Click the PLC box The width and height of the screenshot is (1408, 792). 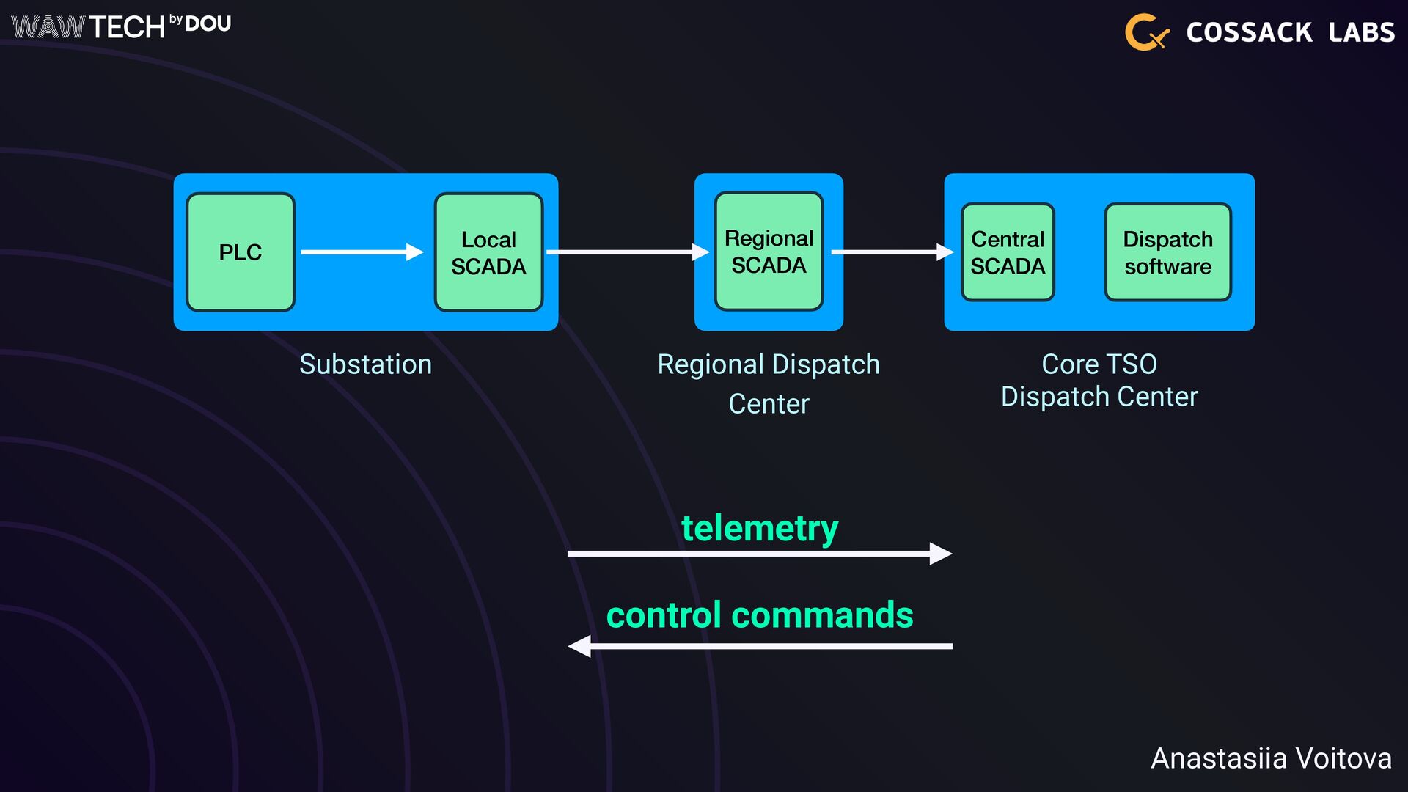(241, 252)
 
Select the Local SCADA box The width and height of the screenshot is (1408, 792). (488, 252)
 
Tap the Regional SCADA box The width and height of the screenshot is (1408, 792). (769, 252)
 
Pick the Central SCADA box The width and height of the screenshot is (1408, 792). (1008, 252)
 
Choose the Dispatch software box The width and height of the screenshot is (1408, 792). (1168, 252)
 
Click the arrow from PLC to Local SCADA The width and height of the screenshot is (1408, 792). (362, 252)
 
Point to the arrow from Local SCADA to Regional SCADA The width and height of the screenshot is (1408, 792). (628, 252)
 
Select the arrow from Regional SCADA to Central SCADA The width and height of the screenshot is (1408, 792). (892, 252)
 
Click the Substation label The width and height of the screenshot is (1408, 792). (365, 364)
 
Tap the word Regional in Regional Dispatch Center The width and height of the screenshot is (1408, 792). (711, 365)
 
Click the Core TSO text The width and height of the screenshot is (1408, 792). (1099, 364)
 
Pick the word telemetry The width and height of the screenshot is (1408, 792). (760, 529)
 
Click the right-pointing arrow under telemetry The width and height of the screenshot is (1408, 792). (760, 554)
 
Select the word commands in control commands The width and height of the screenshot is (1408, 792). (822, 615)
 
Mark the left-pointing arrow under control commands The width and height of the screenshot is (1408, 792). (760, 646)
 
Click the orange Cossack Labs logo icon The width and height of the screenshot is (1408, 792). (1147, 32)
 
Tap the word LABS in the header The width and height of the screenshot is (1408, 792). (1362, 32)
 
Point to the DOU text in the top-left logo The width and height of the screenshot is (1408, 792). (208, 24)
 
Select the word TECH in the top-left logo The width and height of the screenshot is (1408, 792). (127, 28)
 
